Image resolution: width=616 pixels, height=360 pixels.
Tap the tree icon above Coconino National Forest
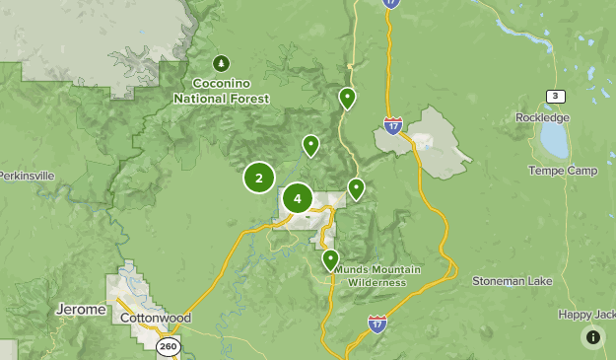221,63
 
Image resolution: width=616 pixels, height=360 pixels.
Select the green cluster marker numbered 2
259,179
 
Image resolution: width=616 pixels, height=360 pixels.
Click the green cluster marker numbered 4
298,198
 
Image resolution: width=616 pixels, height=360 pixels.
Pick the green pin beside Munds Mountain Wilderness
331,260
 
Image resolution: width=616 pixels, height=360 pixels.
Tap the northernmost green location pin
347,98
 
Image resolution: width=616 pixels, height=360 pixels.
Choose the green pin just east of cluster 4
357,188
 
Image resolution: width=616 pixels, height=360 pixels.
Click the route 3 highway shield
556,96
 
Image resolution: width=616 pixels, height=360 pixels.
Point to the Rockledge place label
543,117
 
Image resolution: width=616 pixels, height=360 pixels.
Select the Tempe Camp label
563,171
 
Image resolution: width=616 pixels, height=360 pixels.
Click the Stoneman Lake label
513,280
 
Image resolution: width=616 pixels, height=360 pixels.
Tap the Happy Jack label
587,315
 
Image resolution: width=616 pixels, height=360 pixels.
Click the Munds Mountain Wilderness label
370,276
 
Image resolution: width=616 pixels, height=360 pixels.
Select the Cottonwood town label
155,320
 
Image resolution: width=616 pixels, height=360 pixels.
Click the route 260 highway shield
169,345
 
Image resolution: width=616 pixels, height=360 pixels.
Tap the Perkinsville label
27,176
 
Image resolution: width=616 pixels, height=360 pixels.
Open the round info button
593,337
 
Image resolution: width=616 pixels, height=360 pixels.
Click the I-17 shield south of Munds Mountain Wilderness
377,323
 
